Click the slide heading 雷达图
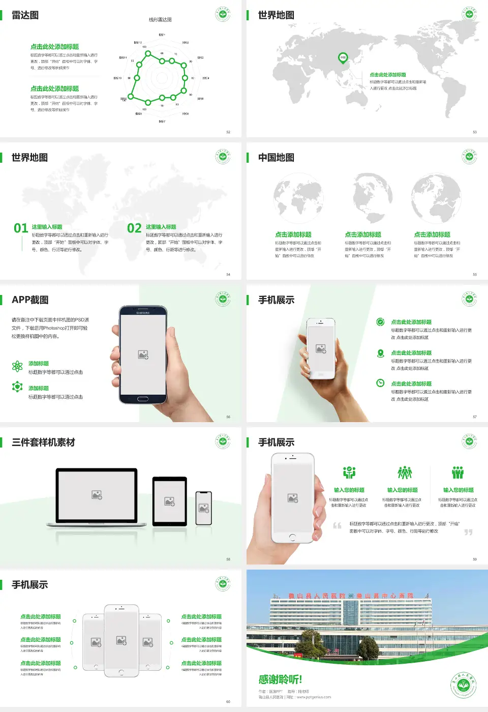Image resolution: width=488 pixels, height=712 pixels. [x=25, y=15]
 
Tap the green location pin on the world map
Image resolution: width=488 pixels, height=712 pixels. [x=343, y=57]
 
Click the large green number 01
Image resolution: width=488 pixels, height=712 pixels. [x=21, y=228]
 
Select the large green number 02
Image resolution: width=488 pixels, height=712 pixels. [x=134, y=228]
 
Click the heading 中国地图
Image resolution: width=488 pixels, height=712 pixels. [x=276, y=158]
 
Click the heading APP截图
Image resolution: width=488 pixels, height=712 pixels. [x=30, y=300]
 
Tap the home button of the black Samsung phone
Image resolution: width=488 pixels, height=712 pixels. [x=143, y=399]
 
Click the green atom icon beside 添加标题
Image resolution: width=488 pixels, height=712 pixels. [x=17, y=366]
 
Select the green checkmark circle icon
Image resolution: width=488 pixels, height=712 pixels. [x=380, y=322]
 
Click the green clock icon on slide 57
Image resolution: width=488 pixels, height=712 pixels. [x=380, y=383]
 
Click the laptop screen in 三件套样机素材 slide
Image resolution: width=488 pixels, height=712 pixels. [x=97, y=494]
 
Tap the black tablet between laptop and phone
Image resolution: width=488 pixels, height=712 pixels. [x=170, y=501]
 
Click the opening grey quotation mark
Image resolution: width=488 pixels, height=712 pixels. [x=337, y=525]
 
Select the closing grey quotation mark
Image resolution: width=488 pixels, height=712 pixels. [x=468, y=532]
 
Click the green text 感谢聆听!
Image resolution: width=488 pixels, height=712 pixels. [x=280, y=679]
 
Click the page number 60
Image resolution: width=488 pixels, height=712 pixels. [x=228, y=702]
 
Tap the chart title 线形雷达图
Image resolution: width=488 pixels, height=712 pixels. [x=160, y=20]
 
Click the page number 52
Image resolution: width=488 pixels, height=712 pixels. [x=228, y=132]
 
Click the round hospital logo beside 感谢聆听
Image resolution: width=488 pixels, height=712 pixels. [x=463, y=685]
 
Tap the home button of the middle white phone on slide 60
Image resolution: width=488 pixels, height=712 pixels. [x=121, y=672]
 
